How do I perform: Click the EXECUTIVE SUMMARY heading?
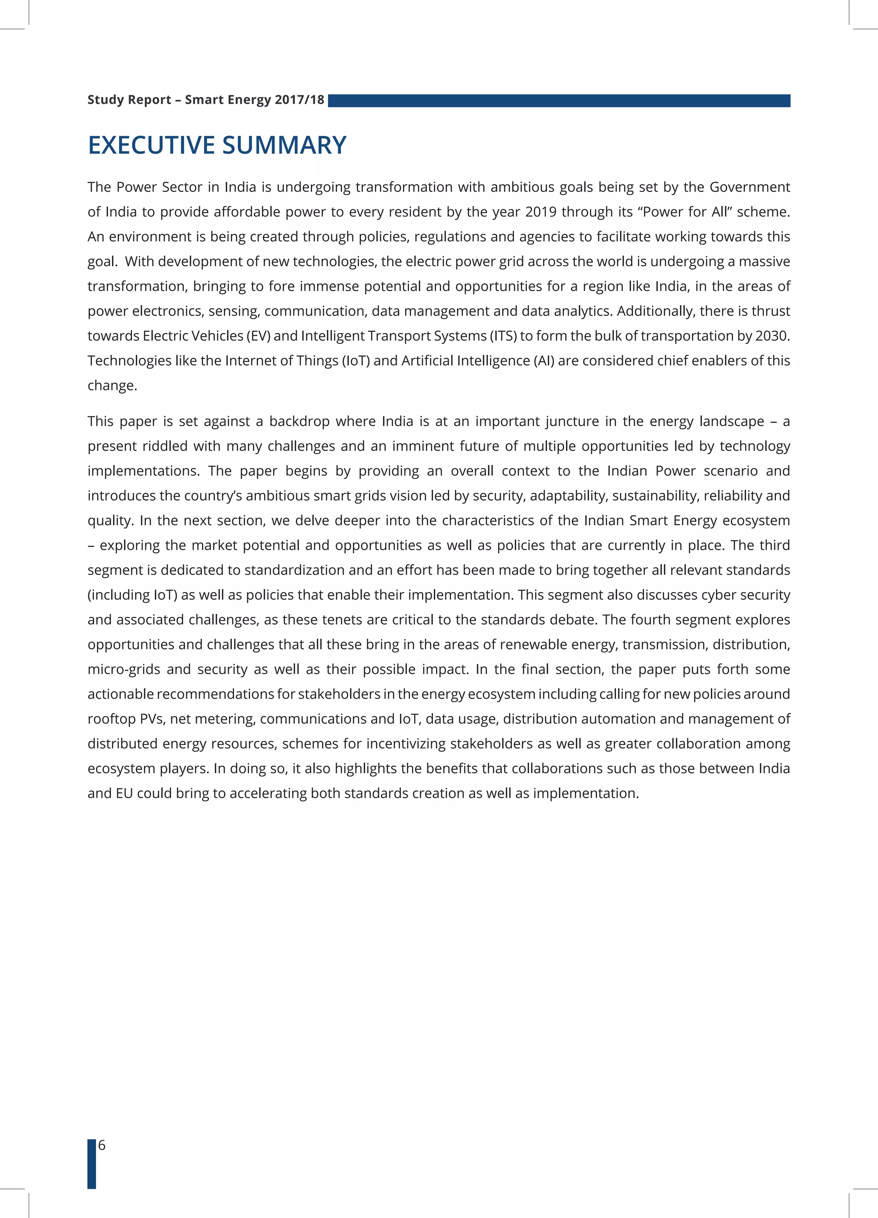pos(217,145)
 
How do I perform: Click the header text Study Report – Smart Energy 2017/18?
pos(206,100)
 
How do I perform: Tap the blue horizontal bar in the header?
pos(559,101)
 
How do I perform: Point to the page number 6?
pos(102,1145)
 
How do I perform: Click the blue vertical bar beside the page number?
pos(92,1163)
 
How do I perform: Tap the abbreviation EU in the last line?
pos(124,793)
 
